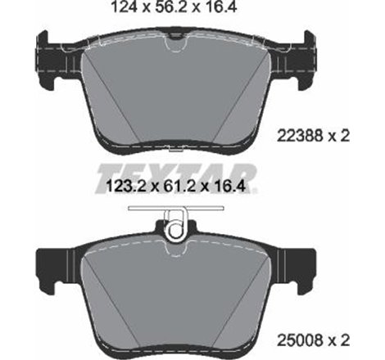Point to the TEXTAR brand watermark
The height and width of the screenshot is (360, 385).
pyautogui.click(x=179, y=174)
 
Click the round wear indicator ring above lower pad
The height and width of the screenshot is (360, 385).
pyautogui.click(x=175, y=232)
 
